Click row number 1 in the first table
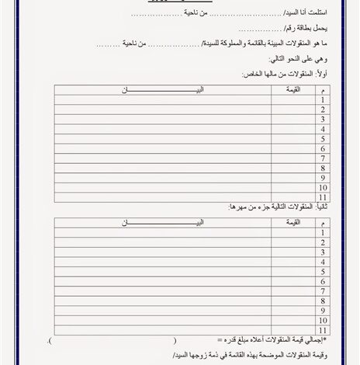tap(321, 100)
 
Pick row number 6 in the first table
tap(321, 148)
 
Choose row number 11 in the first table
tap(321, 196)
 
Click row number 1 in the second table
tap(321, 231)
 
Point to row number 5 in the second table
tap(321, 271)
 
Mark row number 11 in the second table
tap(321, 330)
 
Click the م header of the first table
tap(321, 90)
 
